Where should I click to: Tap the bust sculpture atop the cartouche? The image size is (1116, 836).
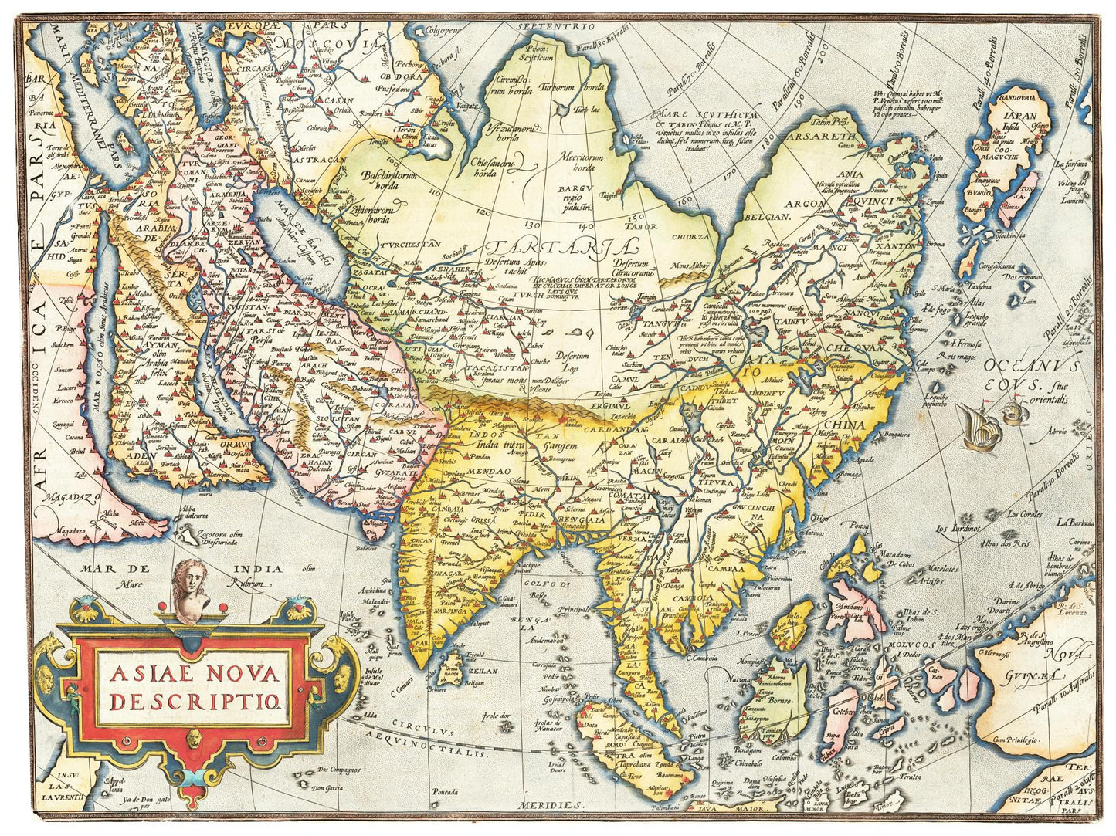[191, 591]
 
